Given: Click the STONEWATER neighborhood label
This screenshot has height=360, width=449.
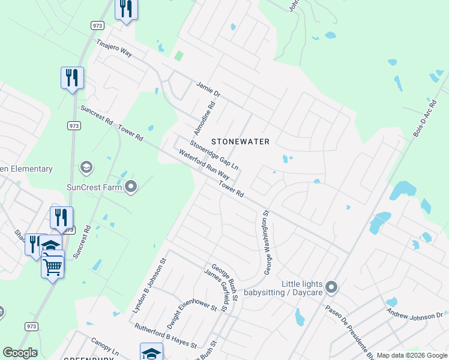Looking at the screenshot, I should (x=240, y=142).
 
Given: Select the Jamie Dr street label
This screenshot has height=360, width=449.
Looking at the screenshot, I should (x=209, y=90).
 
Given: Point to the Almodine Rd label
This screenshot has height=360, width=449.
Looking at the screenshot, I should (x=204, y=118).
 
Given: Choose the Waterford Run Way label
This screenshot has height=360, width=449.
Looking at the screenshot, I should (x=204, y=164).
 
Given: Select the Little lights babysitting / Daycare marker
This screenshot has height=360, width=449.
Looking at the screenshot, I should (x=331, y=288).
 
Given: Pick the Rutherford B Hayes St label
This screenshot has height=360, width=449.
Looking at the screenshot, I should (x=165, y=336).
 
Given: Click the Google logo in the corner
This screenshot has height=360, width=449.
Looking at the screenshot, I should (x=20, y=353).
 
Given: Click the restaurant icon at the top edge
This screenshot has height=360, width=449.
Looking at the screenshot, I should (x=126, y=8).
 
